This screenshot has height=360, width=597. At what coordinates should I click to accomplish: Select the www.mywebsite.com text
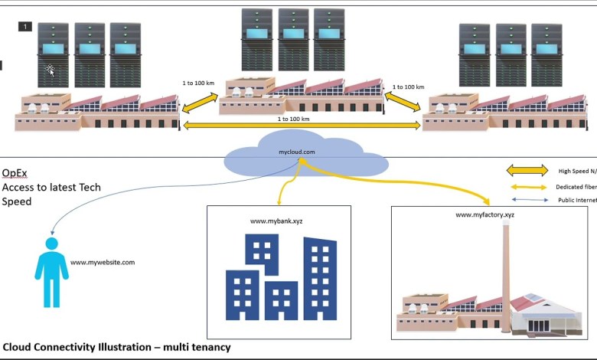pyautogui.click(x=103, y=263)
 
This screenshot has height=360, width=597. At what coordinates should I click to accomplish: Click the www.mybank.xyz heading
pyautogui.click(x=276, y=221)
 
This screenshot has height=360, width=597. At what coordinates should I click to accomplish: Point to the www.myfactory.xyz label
pyautogui.click(x=484, y=215)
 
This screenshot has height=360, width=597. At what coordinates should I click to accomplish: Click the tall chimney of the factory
pyautogui.click(x=506, y=260)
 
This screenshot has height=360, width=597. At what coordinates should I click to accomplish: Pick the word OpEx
pyautogui.click(x=15, y=174)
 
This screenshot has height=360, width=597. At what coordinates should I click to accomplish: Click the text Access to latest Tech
pyautogui.click(x=51, y=188)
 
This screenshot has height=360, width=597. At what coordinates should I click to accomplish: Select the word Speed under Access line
pyautogui.click(x=17, y=202)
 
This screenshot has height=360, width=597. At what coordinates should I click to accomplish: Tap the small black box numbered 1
pyautogui.click(x=25, y=27)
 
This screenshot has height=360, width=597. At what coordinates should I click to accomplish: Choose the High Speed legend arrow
pyautogui.click(x=527, y=171)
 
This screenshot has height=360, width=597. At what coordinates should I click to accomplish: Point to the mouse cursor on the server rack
pyautogui.click(x=50, y=70)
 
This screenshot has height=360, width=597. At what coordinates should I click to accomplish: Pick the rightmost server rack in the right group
pyautogui.click(x=546, y=55)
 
